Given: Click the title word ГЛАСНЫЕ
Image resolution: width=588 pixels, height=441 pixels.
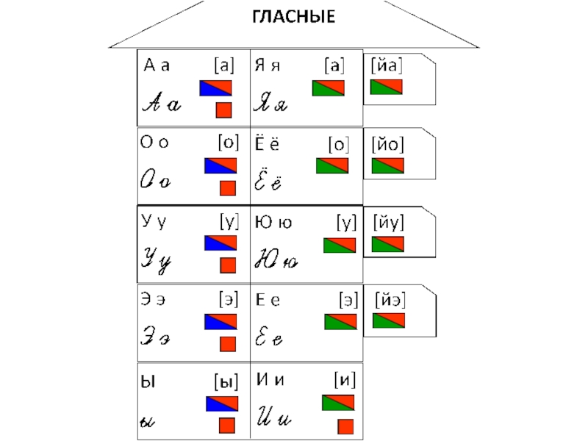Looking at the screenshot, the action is [x=293, y=16].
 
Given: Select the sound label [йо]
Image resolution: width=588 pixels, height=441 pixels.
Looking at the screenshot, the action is [x=387, y=144].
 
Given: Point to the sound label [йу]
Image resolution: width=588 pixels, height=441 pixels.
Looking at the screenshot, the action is [x=388, y=220].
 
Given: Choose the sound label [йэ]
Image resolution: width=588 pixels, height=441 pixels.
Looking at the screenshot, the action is [x=390, y=300].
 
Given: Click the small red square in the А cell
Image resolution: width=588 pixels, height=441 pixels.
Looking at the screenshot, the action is [x=224, y=111].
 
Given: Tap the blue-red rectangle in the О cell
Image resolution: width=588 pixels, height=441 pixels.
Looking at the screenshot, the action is [x=220, y=165].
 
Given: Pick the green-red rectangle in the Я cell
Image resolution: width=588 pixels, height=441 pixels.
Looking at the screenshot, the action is [x=328, y=88].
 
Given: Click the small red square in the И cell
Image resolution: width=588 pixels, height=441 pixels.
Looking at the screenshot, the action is [x=345, y=426].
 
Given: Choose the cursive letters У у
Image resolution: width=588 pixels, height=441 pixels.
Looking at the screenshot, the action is [x=157, y=261].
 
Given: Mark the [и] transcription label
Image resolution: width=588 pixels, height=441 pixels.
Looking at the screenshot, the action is [x=345, y=379].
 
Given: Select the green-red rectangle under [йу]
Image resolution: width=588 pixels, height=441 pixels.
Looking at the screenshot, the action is [x=388, y=244].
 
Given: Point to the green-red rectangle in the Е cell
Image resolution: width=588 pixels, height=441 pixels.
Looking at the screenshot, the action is [x=340, y=321].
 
